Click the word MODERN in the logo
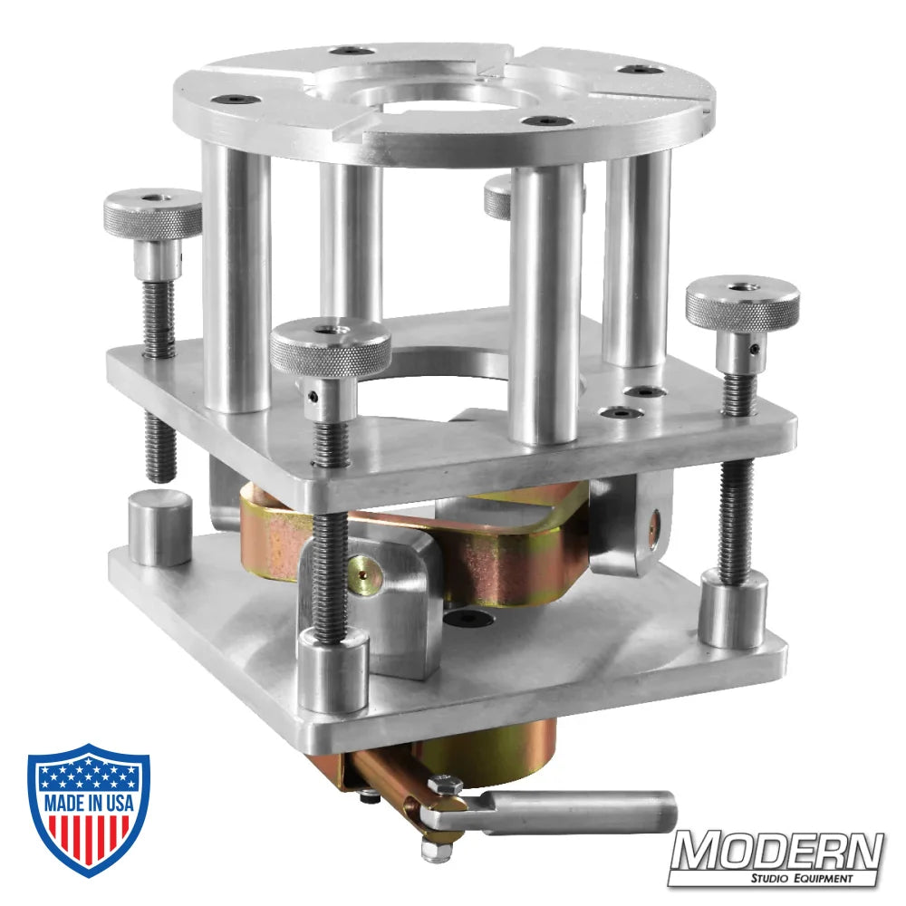(x=776, y=852)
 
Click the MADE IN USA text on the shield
(x=88, y=803)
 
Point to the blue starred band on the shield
(x=88, y=773)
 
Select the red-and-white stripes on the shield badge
(x=88, y=838)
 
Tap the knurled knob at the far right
(x=741, y=304)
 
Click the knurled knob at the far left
(x=152, y=214)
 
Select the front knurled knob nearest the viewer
(x=331, y=347)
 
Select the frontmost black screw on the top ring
(x=546, y=120)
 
